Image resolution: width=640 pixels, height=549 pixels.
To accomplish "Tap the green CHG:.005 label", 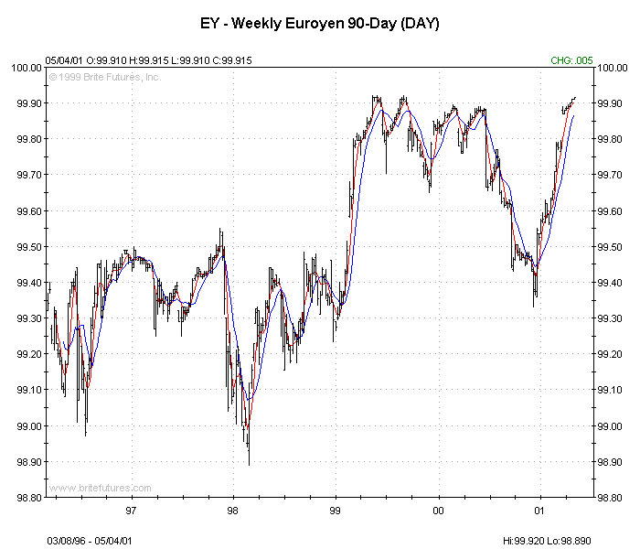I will (x=571, y=60).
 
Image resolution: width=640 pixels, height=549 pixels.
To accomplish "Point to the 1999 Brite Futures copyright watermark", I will (x=106, y=77).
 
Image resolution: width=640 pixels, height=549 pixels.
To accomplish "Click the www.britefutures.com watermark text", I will (x=100, y=489).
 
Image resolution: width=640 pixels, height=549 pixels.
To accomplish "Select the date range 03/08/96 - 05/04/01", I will (x=90, y=541).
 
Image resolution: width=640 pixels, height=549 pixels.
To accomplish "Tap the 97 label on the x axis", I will (x=131, y=511).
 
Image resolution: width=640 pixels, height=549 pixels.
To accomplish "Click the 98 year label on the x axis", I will (x=233, y=511).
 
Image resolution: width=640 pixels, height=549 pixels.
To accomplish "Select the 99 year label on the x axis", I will (x=336, y=511).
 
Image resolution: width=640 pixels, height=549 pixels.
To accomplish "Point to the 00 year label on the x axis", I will (x=438, y=511).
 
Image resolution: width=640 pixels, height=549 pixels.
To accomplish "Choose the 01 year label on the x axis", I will (x=539, y=511).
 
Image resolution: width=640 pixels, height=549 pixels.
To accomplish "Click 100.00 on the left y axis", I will (x=26, y=68).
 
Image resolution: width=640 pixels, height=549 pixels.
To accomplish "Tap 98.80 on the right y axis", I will (x=610, y=498).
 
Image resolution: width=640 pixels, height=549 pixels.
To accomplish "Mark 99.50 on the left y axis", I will (x=27, y=247).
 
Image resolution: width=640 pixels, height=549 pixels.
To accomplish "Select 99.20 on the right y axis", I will (x=610, y=354).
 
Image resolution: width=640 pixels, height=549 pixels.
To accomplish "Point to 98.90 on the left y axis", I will (x=27, y=462).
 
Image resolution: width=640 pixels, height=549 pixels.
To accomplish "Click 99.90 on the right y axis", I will (x=610, y=103).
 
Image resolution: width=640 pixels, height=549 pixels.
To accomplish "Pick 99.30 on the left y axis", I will (x=27, y=318).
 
